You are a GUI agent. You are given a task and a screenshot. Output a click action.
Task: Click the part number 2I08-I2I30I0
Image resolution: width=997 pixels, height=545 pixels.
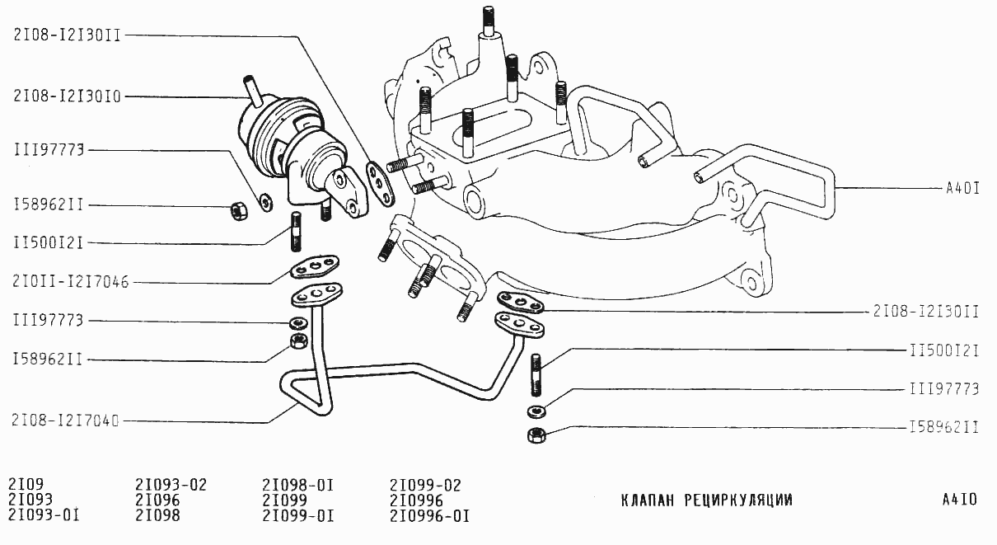pos(68,96)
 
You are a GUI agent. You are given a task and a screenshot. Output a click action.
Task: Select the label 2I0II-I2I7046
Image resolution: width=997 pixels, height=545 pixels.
pos(71,282)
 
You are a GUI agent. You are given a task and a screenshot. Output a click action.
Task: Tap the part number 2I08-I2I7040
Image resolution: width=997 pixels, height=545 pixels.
pos(66,420)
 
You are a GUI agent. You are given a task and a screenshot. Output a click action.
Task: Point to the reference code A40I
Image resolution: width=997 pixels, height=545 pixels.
pos(962,188)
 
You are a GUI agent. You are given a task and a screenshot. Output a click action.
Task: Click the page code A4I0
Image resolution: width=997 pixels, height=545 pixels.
pos(959,500)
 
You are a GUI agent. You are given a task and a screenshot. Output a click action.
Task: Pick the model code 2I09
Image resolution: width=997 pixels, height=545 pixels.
pos(25,484)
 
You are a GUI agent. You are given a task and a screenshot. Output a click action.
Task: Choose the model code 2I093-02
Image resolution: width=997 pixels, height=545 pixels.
pos(171,484)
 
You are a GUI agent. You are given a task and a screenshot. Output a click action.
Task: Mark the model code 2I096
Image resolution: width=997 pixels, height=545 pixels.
pos(157,500)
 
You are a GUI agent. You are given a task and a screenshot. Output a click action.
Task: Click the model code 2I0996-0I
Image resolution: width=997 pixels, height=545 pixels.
pos(429,517)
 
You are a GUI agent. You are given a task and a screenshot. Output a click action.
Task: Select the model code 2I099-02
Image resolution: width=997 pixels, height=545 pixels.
pos(425,484)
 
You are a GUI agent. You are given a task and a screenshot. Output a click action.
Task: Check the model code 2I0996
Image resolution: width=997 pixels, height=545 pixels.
pos(416,500)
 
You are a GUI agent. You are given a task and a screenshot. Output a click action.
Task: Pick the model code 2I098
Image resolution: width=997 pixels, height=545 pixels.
pos(157,517)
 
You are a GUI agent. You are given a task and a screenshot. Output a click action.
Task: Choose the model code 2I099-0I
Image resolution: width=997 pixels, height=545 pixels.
pos(297,517)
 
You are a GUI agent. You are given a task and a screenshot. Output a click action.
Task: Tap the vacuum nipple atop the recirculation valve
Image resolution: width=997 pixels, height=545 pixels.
pos(250,89)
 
